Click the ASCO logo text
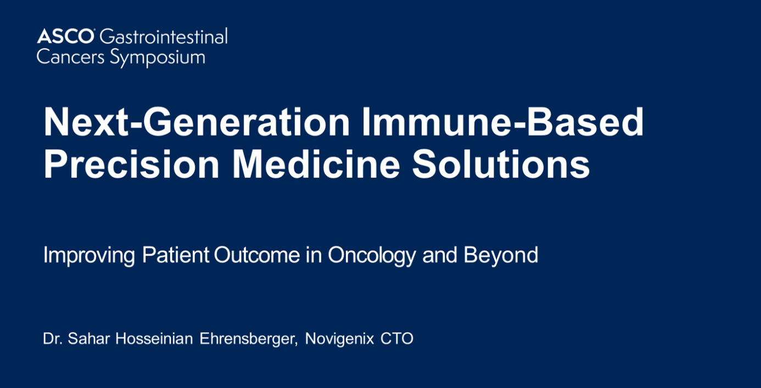pyautogui.click(x=65, y=36)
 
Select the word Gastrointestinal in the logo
pyautogui.click(x=164, y=36)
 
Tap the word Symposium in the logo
pyautogui.click(x=157, y=58)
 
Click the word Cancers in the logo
pyautogui.click(x=70, y=57)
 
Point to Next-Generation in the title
pyautogui.click(x=197, y=122)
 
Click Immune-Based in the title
pyautogui.click(x=503, y=122)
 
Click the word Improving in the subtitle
pyautogui.click(x=89, y=255)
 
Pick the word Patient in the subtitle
pyautogui.click(x=175, y=254)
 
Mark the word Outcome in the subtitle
pyautogui.click(x=257, y=254)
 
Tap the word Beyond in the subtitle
pyautogui.click(x=501, y=256)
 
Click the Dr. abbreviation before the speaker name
pyautogui.click(x=53, y=339)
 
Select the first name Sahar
pyautogui.click(x=88, y=339)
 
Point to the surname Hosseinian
pyautogui.click(x=154, y=339)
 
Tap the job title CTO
pyautogui.click(x=396, y=339)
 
